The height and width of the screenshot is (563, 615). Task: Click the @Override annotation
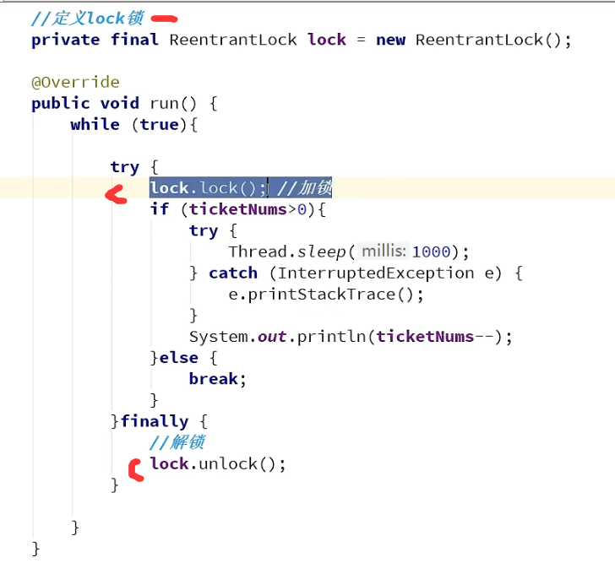click(75, 82)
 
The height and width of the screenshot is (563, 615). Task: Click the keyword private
click(66, 40)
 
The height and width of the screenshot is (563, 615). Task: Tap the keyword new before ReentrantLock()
click(390, 40)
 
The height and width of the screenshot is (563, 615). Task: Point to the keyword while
click(95, 124)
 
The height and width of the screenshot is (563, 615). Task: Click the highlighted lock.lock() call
click(208, 187)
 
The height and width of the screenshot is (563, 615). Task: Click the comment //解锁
click(177, 442)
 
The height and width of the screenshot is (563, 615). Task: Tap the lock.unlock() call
click(218, 463)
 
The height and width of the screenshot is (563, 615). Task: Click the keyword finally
click(155, 421)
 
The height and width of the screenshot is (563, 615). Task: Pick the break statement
click(217, 378)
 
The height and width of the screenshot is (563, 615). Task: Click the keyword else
click(178, 357)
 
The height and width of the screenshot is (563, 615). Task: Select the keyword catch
click(233, 273)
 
